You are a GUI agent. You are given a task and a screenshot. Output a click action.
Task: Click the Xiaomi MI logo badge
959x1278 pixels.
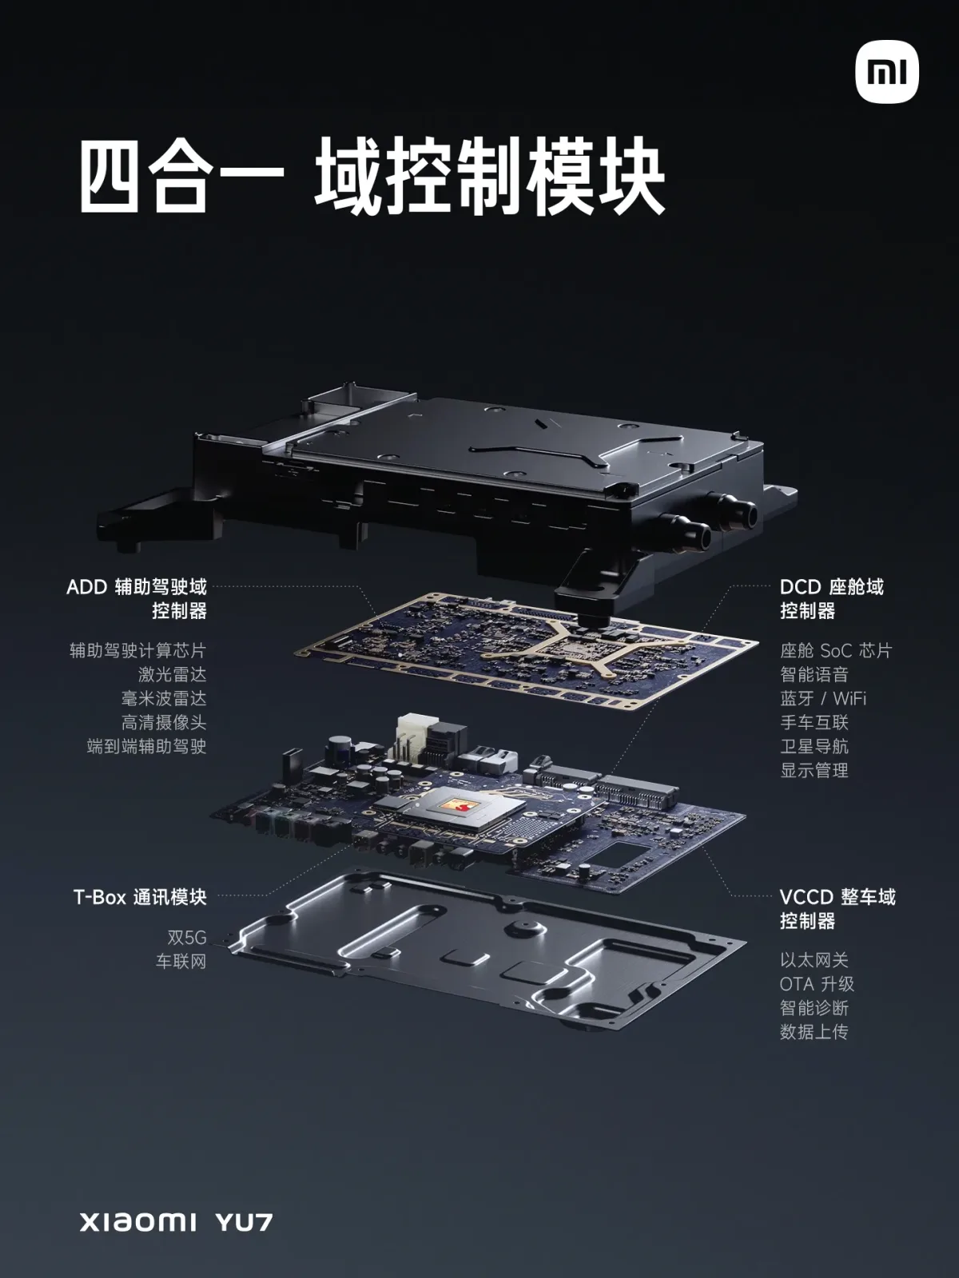click(x=887, y=73)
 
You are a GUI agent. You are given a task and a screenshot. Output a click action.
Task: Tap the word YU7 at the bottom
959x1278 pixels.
click(x=244, y=1222)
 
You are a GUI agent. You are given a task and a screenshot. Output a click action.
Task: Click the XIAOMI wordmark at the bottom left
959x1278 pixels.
click(x=137, y=1222)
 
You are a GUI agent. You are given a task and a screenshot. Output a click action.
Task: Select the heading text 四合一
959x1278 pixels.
click(x=181, y=177)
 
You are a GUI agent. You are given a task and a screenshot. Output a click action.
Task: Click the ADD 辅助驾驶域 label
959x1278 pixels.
click(x=137, y=587)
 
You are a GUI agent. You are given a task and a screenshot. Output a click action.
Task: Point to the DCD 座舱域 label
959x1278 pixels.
click(x=831, y=587)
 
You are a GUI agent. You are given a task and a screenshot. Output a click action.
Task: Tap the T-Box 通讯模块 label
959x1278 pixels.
click(x=140, y=897)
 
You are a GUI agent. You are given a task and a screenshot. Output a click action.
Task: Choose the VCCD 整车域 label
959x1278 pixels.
click(x=838, y=897)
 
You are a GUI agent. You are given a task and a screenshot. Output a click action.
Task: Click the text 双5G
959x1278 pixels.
click(x=186, y=938)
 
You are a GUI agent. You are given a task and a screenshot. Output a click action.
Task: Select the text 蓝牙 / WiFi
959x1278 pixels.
click(x=823, y=698)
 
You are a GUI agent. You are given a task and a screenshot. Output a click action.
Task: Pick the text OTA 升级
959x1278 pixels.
click(x=817, y=984)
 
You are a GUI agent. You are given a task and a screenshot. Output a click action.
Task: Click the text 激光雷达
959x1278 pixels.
click(x=172, y=674)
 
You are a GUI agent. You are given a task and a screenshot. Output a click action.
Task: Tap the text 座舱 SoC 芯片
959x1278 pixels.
click(x=835, y=650)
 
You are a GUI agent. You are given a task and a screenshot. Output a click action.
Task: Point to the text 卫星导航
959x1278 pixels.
click(x=814, y=746)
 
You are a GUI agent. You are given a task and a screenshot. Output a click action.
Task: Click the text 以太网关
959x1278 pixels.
click(x=814, y=960)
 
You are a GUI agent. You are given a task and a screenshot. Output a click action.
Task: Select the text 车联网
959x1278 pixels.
click(x=181, y=962)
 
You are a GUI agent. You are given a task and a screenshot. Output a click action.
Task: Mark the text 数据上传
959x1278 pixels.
click(x=814, y=1031)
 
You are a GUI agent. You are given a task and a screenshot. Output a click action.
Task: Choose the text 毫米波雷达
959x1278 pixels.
click(x=164, y=698)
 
